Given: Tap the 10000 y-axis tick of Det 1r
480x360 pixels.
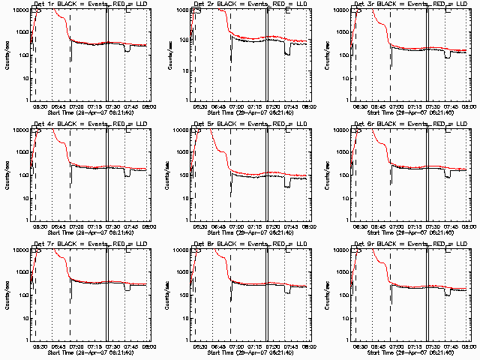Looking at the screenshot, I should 20,10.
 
